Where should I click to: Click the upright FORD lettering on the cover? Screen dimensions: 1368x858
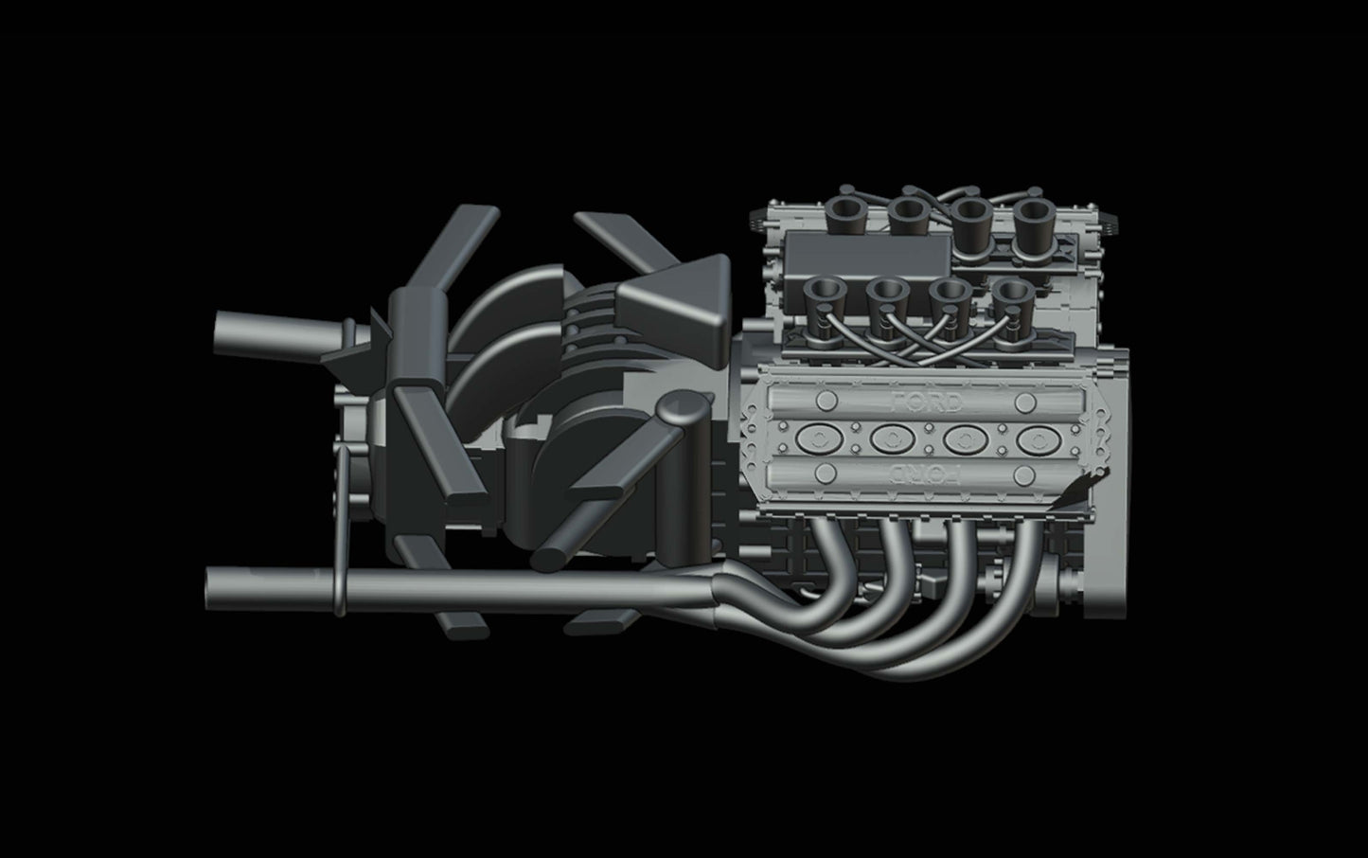(x=927, y=402)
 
